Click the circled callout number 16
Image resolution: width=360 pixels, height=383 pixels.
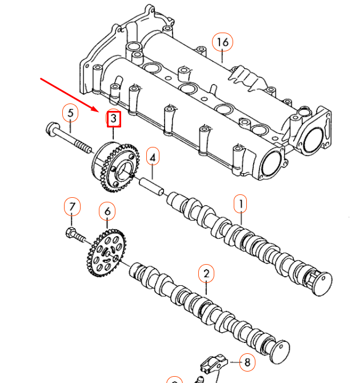222,42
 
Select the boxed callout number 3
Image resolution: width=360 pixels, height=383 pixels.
114,118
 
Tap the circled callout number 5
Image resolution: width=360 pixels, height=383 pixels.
70,113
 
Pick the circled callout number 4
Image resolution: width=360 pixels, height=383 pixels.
153,155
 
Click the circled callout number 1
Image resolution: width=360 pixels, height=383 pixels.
241,202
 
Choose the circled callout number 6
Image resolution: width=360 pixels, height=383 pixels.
107,212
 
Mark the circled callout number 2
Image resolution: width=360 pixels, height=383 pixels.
206,274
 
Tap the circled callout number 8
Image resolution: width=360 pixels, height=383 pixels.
247,362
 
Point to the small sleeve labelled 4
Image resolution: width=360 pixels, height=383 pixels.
153,186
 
